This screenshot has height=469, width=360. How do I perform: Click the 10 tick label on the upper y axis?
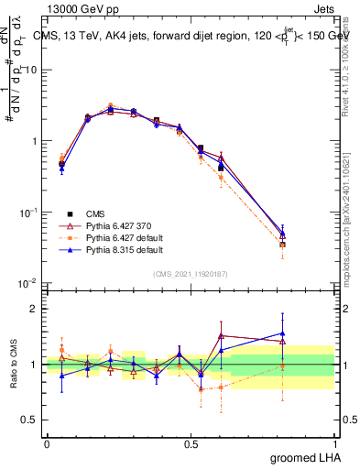click(x=32, y=70)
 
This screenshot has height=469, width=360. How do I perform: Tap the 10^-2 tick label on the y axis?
click(x=29, y=283)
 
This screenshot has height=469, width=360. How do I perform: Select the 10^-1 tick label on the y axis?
click(x=29, y=213)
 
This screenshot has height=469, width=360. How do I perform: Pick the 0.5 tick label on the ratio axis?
click(x=32, y=420)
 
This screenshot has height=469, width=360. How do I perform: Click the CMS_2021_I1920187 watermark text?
click(x=190, y=274)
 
